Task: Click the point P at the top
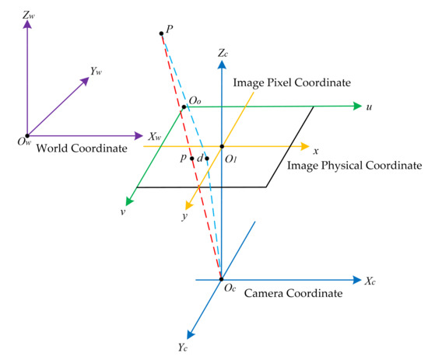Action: pos(161,33)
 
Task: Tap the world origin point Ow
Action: pos(27,135)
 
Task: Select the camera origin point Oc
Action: pos(221,280)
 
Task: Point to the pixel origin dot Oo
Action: pos(184,107)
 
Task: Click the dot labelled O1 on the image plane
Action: pos(221,146)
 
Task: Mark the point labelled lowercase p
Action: pos(191,159)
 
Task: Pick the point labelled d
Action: pos(206,159)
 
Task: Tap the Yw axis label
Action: pos(96,71)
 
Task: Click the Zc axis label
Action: pos(224,54)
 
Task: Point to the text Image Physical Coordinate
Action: pos(354,166)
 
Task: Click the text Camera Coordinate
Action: pos(293,293)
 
